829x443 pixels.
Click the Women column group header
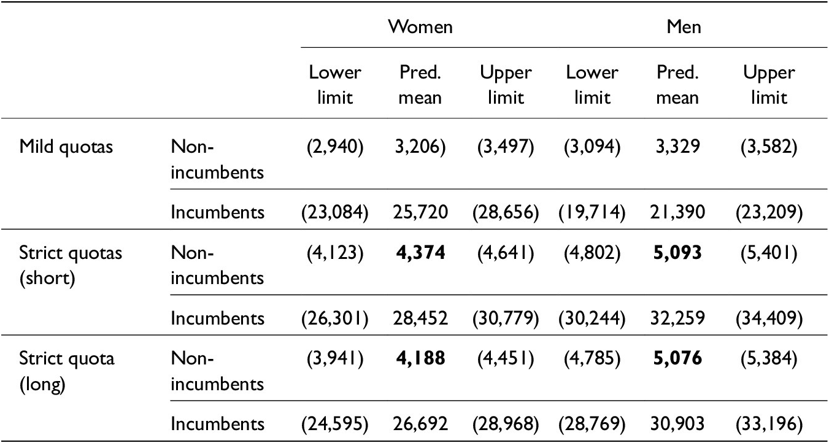(x=420, y=26)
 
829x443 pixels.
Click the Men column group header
(x=684, y=26)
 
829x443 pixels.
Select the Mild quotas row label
(x=66, y=147)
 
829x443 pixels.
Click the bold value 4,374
(x=420, y=253)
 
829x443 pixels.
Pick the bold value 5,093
(x=677, y=253)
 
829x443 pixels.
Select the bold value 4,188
(x=420, y=358)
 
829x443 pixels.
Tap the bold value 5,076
(x=677, y=358)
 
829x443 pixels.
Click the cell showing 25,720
(x=420, y=212)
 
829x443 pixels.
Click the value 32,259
(x=677, y=318)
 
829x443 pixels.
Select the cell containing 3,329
(x=677, y=148)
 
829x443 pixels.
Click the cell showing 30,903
(x=677, y=423)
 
